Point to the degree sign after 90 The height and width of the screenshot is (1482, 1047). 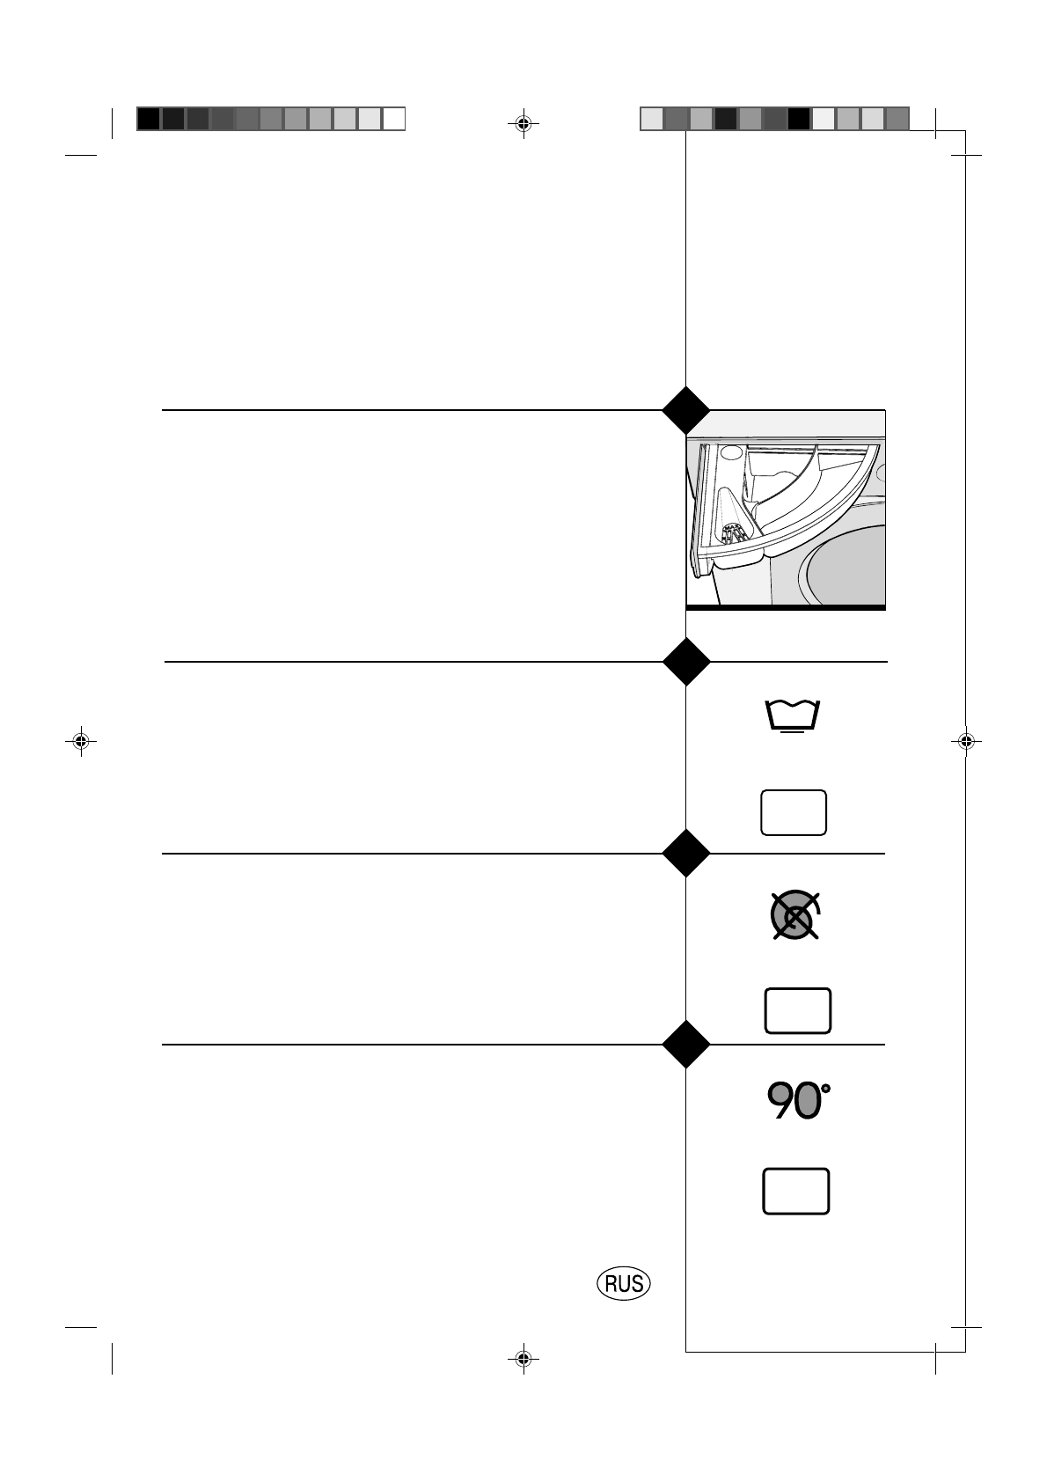click(825, 1089)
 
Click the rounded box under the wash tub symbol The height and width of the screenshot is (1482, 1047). click(794, 811)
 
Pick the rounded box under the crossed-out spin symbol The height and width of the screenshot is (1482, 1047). click(798, 1010)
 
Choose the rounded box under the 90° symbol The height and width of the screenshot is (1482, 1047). click(796, 1192)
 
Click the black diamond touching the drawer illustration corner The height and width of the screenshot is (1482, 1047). click(685, 410)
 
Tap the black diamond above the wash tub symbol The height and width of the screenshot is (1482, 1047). click(685, 662)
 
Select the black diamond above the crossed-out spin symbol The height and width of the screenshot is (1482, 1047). click(685, 853)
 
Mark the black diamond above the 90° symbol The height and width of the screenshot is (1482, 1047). click(685, 1045)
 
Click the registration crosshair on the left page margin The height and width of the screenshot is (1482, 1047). click(81, 741)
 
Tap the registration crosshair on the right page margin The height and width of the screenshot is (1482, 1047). click(965, 741)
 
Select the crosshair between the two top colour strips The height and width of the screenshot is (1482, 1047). click(523, 124)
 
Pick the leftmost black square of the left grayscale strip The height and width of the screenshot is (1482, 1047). click(149, 119)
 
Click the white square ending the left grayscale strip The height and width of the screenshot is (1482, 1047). click(394, 119)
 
